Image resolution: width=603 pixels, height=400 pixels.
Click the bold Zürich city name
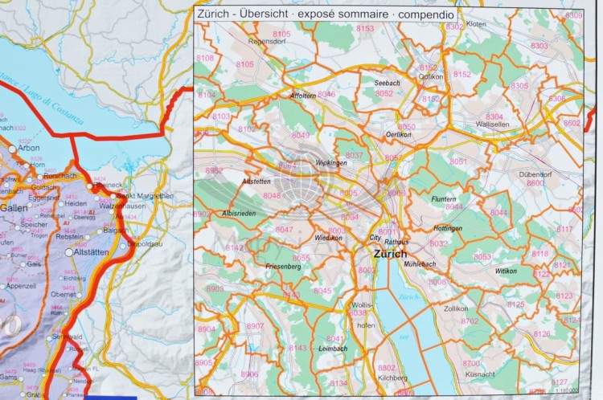point(391,254)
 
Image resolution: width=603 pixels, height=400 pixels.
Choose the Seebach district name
point(387,83)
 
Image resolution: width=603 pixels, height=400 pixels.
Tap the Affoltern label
point(303,96)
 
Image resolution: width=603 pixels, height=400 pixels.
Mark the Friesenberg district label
point(279,265)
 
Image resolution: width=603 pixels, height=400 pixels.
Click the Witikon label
point(506,271)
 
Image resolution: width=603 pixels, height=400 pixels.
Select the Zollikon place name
point(455,308)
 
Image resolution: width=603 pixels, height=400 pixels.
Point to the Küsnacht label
point(478,374)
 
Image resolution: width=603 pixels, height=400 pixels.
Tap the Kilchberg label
point(392,377)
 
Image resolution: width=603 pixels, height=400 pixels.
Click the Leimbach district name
point(332,349)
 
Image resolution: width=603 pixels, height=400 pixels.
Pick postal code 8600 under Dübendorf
point(535,183)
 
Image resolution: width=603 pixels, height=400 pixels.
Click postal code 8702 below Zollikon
point(470,321)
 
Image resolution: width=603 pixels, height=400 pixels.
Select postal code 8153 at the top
point(365,29)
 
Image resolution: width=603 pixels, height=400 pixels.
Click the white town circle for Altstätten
point(69,251)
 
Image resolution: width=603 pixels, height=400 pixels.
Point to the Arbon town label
point(28,148)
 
